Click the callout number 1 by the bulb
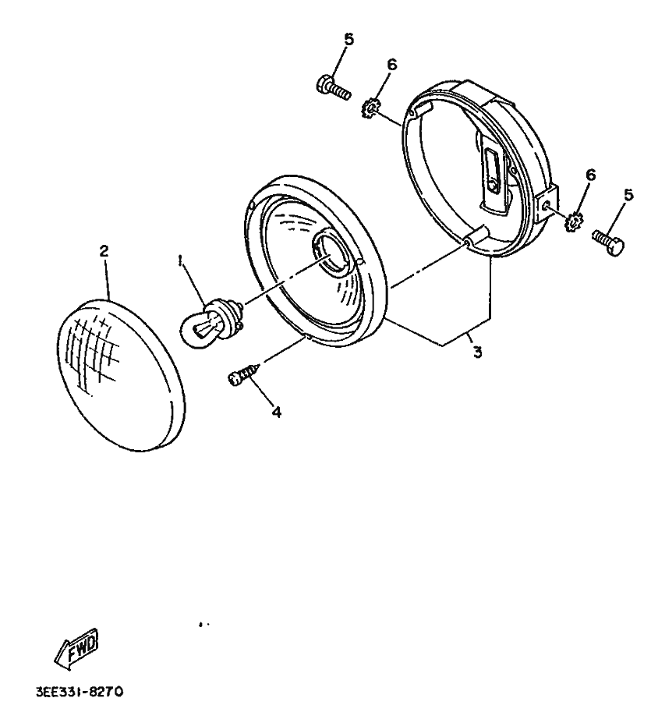tap(181, 261)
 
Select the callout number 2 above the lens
tap(104, 251)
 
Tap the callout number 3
tap(477, 352)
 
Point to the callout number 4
tap(277, 412)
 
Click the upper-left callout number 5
tap(348, 40)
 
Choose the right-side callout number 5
tap(628, 195)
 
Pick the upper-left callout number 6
tap(392, 65)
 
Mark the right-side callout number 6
tap(590, 175)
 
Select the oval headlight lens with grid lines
tap(122, 374)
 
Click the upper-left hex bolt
tap(334, 89)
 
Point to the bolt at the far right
tap(609, 242)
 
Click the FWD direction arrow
tap(76, 649)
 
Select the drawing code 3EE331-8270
tap(79, 691)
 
